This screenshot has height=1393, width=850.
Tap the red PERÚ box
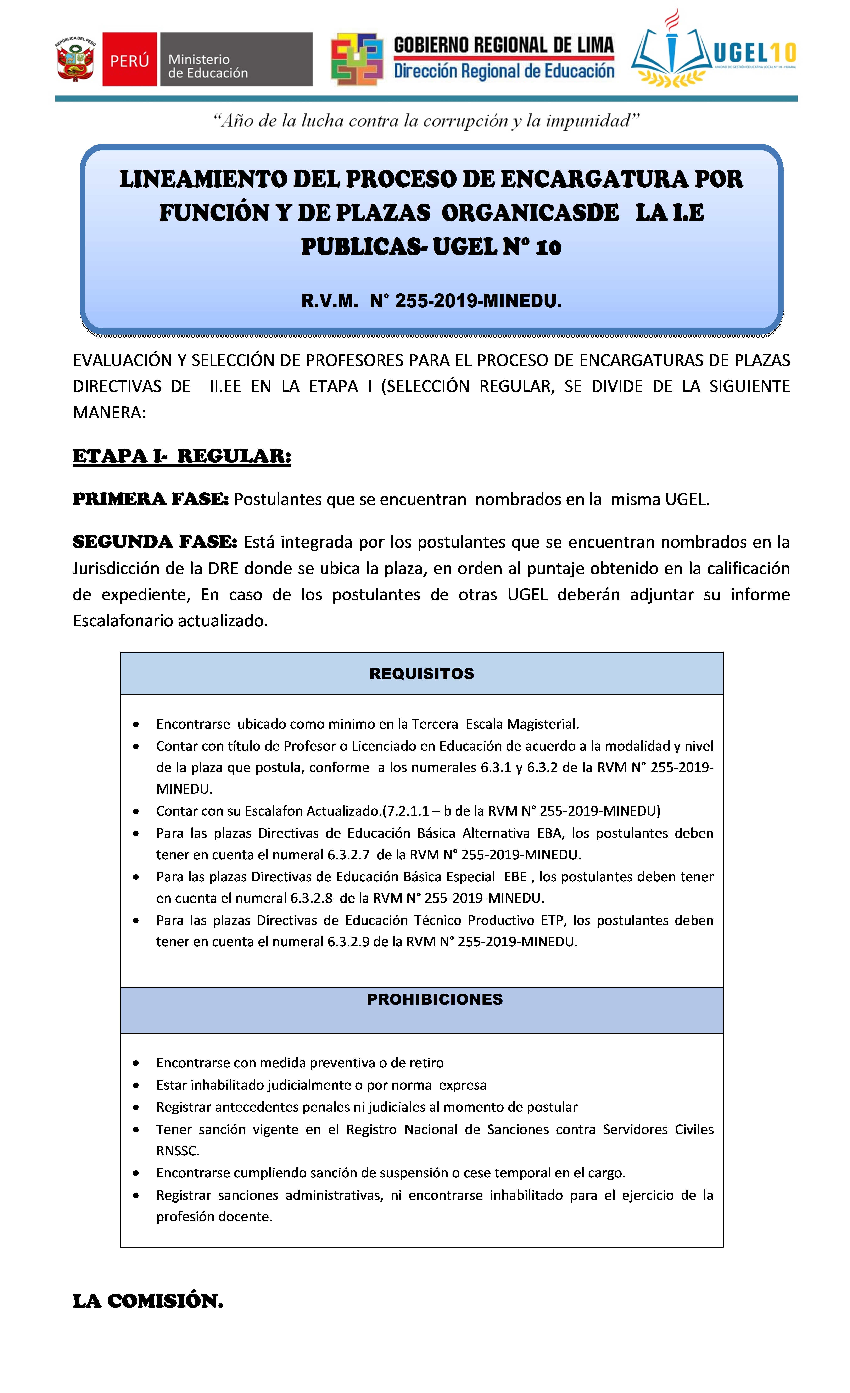[x=129, y=59]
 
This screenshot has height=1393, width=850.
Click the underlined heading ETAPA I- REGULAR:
[x=182, y=456]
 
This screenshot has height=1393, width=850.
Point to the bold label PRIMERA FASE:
[x=150, y=499]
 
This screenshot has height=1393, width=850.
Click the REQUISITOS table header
[x=422, y=674]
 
